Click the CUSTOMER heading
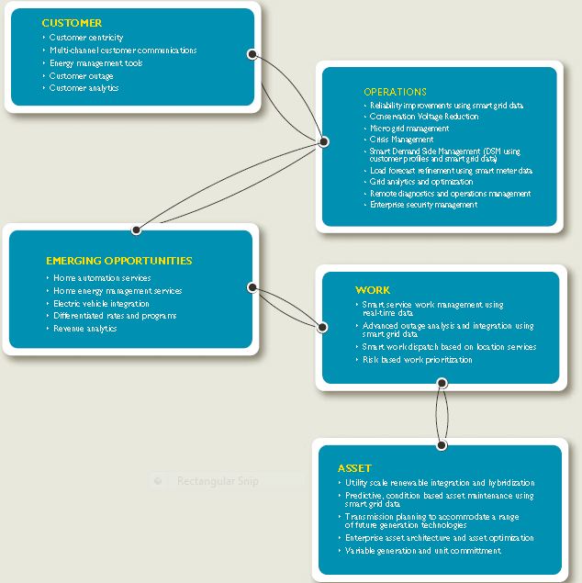(x=73, y=23)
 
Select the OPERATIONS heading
(x=395, y=92)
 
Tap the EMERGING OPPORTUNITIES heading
(x=119, y=261)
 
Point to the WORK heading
(x=373, y=290)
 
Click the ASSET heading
(x=354, y=468)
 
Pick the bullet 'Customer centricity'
(x=86, y=38)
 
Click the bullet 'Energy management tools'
(x=96, y=63)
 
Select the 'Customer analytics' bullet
(x=84, y=88)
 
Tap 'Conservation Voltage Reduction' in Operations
(x=423, y=118)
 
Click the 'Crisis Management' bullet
(x=400, y=140)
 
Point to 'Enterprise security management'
(x=423, y=205)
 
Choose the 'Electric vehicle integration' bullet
(x=101, y=303)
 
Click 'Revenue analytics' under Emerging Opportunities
(x=85, y=329)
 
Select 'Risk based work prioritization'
(x=418, y=360)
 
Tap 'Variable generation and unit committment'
(x=423, y=551)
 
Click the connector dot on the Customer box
(x=252, y=54)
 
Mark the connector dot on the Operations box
(x=322, y=140)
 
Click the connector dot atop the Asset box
(x=442, y=445)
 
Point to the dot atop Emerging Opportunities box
(x=136, y=230)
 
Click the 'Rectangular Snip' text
(x=218, y=481)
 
